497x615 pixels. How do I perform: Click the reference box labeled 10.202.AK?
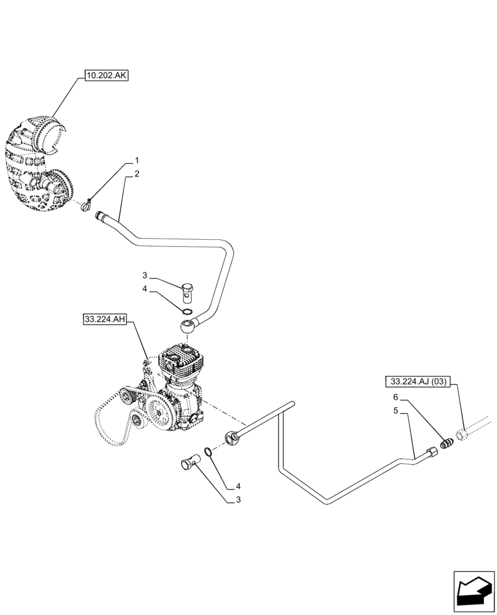106,76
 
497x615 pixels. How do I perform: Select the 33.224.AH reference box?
104,319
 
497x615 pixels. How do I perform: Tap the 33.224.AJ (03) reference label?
419,381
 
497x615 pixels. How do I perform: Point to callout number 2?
137,174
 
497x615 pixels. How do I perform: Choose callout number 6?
396,397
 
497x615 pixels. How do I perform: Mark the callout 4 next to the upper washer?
145,288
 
